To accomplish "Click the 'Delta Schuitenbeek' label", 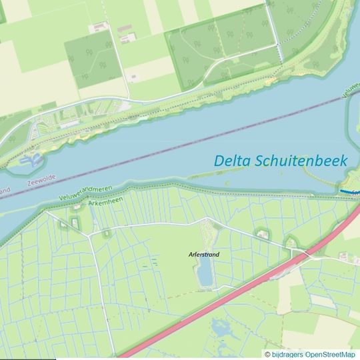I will click(x=281, y=161).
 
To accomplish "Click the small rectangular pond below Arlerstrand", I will click(x=205, y=272).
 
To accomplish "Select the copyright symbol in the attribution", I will click(x=268, y=355).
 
